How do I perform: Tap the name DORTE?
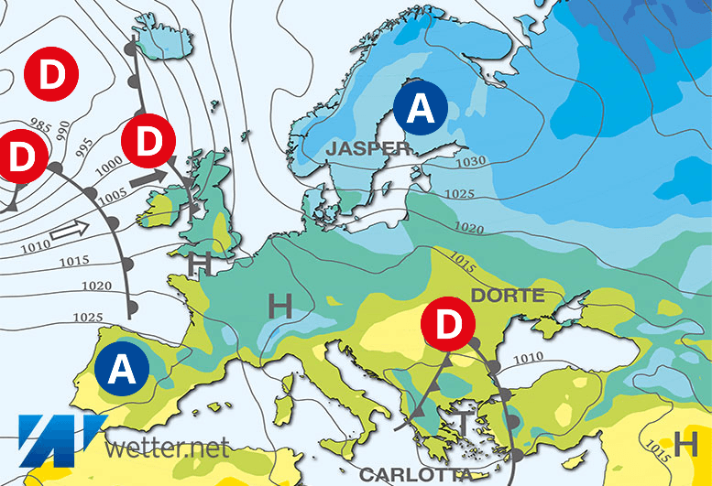[508, 296]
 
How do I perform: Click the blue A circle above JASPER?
[420, 110]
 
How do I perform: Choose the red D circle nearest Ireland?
[148, 141]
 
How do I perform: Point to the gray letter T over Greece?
[466, 424]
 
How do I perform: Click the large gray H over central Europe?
[279, 306]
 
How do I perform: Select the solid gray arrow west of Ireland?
[152, 178]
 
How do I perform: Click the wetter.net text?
[167, 448]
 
